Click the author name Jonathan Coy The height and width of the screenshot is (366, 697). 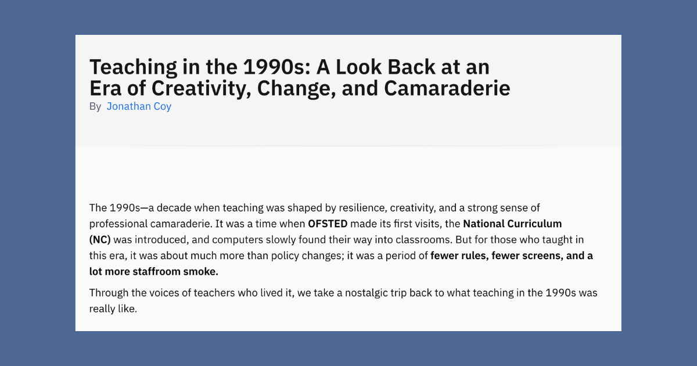[139, 106]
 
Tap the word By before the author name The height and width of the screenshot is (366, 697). [95, 107]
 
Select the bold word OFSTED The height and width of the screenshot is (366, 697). [328, 224]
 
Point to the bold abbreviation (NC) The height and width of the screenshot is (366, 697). [100, 239]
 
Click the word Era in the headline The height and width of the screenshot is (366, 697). [105, 88]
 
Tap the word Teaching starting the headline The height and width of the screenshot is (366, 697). [133, 67]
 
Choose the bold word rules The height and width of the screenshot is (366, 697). [475, 256]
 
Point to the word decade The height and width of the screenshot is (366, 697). [174, 208]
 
